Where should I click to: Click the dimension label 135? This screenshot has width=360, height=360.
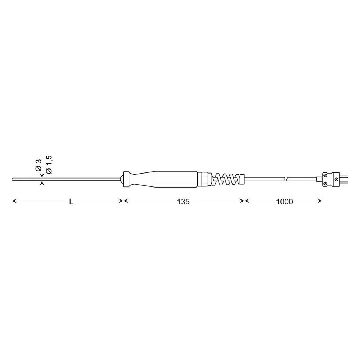point(184,202)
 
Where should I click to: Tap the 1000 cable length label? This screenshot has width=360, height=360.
point(284,202)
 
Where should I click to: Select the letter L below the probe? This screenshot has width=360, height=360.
point(71,202)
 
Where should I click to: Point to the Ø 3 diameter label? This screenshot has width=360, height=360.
point(38,165)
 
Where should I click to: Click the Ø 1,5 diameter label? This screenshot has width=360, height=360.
point(49,165)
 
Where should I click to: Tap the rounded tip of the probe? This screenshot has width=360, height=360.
point(13,179)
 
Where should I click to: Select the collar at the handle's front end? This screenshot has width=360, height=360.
point(126,179)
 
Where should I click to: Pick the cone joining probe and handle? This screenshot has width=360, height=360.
point(121,179)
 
